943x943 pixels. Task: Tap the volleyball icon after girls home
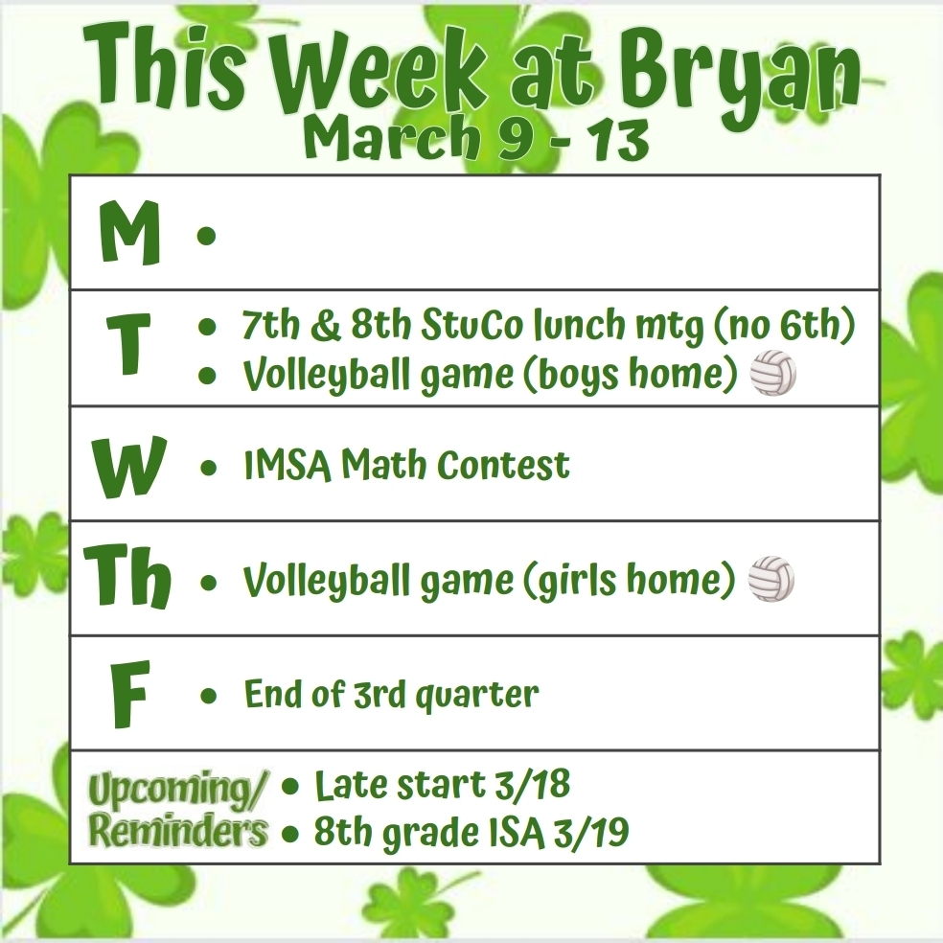click(x=771, y=579)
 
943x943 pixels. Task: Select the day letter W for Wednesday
click(x=128, y=467)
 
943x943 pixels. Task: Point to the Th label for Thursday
click(x=126, y=578)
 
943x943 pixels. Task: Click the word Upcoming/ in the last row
click(x=179, y=791)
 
